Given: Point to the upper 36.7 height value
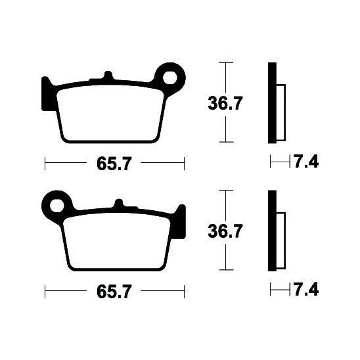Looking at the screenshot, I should tap(226, 102).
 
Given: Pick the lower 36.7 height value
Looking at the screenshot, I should tap(226, 231).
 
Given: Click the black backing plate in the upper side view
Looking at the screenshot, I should tap(272, 102).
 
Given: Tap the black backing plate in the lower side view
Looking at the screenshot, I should tap(272, 231).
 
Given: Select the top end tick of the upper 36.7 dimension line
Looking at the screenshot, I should tap(225, 63).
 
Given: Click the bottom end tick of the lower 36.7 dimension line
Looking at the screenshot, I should tap(225, 269).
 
